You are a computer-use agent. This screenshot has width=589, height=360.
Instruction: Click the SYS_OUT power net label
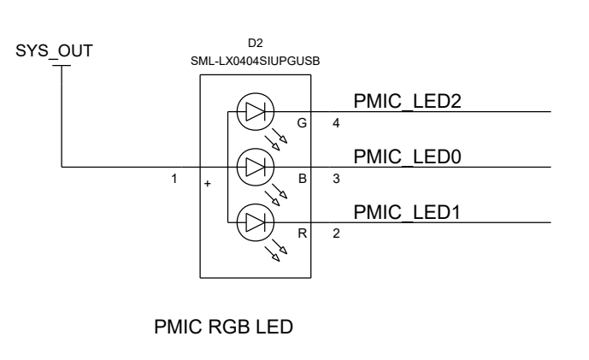point(53,51)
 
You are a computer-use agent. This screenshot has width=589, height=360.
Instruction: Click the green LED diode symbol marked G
point(254,111)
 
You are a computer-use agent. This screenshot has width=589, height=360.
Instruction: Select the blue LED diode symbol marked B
point(254,166)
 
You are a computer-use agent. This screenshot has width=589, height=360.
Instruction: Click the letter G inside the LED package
point(301,123)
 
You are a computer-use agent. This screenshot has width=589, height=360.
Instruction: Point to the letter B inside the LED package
point(301,179)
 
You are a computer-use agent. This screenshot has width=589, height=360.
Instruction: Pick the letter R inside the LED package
point(301,233)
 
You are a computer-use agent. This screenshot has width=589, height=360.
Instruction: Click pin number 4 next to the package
point(336,123)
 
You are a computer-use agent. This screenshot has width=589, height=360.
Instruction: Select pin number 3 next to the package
point(336,179)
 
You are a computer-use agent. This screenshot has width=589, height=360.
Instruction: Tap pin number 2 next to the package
point(336,233)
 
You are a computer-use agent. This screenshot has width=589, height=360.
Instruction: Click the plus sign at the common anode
point(208,183)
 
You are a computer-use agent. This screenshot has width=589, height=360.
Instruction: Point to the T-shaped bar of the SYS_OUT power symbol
point(62,65)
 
